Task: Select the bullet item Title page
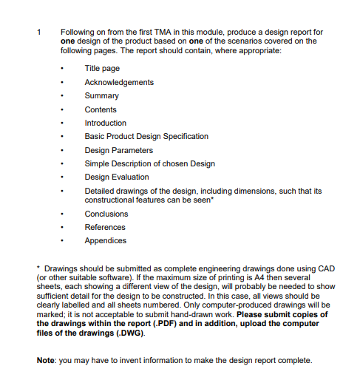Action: tap(102, 69)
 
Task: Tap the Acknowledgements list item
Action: tap(119, 82)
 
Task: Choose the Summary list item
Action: tap(101, 96)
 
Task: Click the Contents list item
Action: tap(101, 109)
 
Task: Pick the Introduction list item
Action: tap(106, 123)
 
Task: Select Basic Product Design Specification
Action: tap(146, 136)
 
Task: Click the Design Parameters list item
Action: tap(118, 150)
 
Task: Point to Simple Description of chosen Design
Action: tap(150, 163)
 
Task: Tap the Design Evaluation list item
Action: tap(117, 177)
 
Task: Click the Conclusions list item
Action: tap(106, 214)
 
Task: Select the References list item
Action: tap(105, 227)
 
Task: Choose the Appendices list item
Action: tap(105, 240)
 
